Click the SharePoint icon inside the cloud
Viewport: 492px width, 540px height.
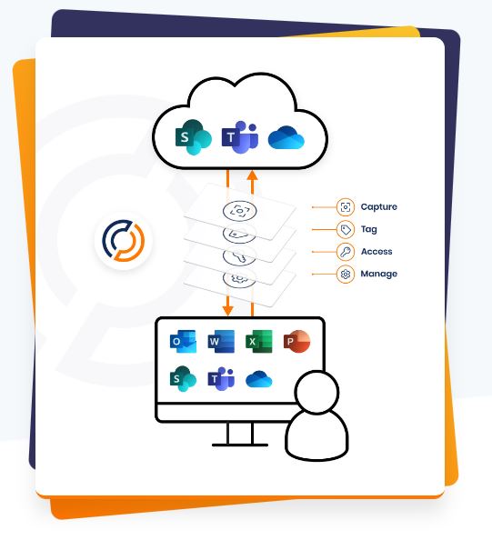coord(193,137)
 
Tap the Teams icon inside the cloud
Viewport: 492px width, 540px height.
coord(240,137)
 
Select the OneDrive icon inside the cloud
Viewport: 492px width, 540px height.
coord(286,137)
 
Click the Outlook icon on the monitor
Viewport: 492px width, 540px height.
coord(184,341)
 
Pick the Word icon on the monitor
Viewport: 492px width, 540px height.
coord(221,341)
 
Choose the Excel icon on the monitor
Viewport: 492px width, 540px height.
coord(259,341)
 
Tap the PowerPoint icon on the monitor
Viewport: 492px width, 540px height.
coord(296,341)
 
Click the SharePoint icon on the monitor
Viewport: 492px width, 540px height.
coord(183,379)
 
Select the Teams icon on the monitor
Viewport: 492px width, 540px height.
coord(221,379)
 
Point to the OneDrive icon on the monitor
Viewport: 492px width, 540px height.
coord(259,379)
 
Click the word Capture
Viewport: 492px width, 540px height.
coord(378,207)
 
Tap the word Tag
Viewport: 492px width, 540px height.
coord(368,229)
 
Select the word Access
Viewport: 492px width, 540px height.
coord(377,252)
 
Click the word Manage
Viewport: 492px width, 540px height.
coord(378,275)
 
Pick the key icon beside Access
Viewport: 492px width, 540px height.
coord(346,252)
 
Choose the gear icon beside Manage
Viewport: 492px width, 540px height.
coord(346,275)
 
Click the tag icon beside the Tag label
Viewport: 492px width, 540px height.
coord(346,229)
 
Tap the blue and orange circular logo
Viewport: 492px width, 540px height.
coord(124,240)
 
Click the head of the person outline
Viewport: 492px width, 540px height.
coord(317,392)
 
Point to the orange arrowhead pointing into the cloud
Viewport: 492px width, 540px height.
coord(253,175)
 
